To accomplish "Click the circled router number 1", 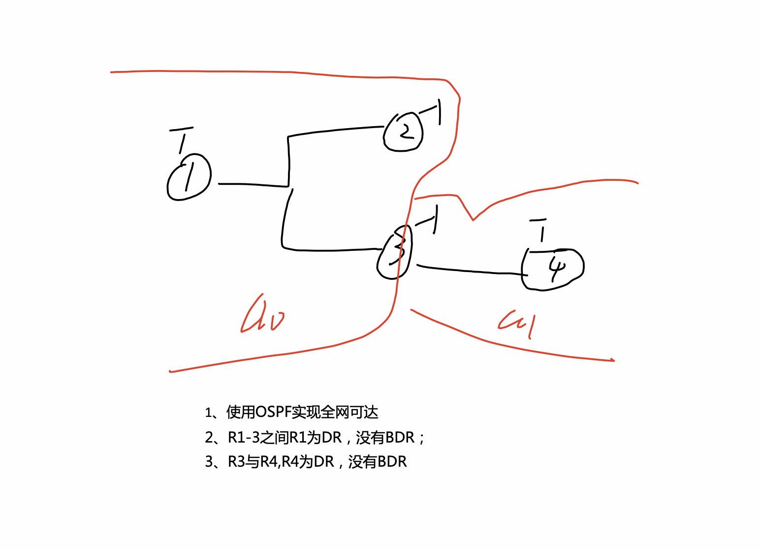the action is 189,177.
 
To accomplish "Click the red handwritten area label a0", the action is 262,316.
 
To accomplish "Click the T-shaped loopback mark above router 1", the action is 182,140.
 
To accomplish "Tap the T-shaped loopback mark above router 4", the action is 540,230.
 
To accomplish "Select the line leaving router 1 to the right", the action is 251,185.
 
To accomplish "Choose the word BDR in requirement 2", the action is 400,437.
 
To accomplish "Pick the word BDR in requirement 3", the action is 392,462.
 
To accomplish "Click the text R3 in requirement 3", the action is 236,462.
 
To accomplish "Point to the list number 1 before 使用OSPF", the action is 208,412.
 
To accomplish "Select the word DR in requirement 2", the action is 332,437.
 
